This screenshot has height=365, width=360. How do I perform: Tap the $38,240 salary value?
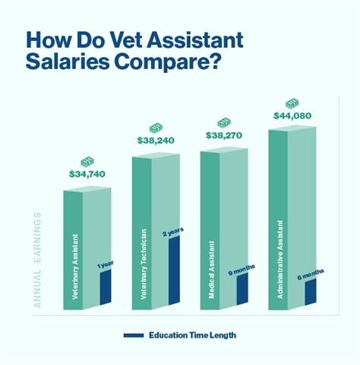point(155,140)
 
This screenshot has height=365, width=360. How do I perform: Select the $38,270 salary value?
point(223,135)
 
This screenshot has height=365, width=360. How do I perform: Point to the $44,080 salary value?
point(292,115)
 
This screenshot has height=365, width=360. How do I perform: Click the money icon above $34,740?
point(87,162)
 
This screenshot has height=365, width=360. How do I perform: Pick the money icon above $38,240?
point(155,127)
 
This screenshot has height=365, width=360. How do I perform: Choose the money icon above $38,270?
point(223,121)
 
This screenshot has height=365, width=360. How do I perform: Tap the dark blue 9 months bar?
point(242,291)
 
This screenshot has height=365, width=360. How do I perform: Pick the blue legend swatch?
point(133,335)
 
